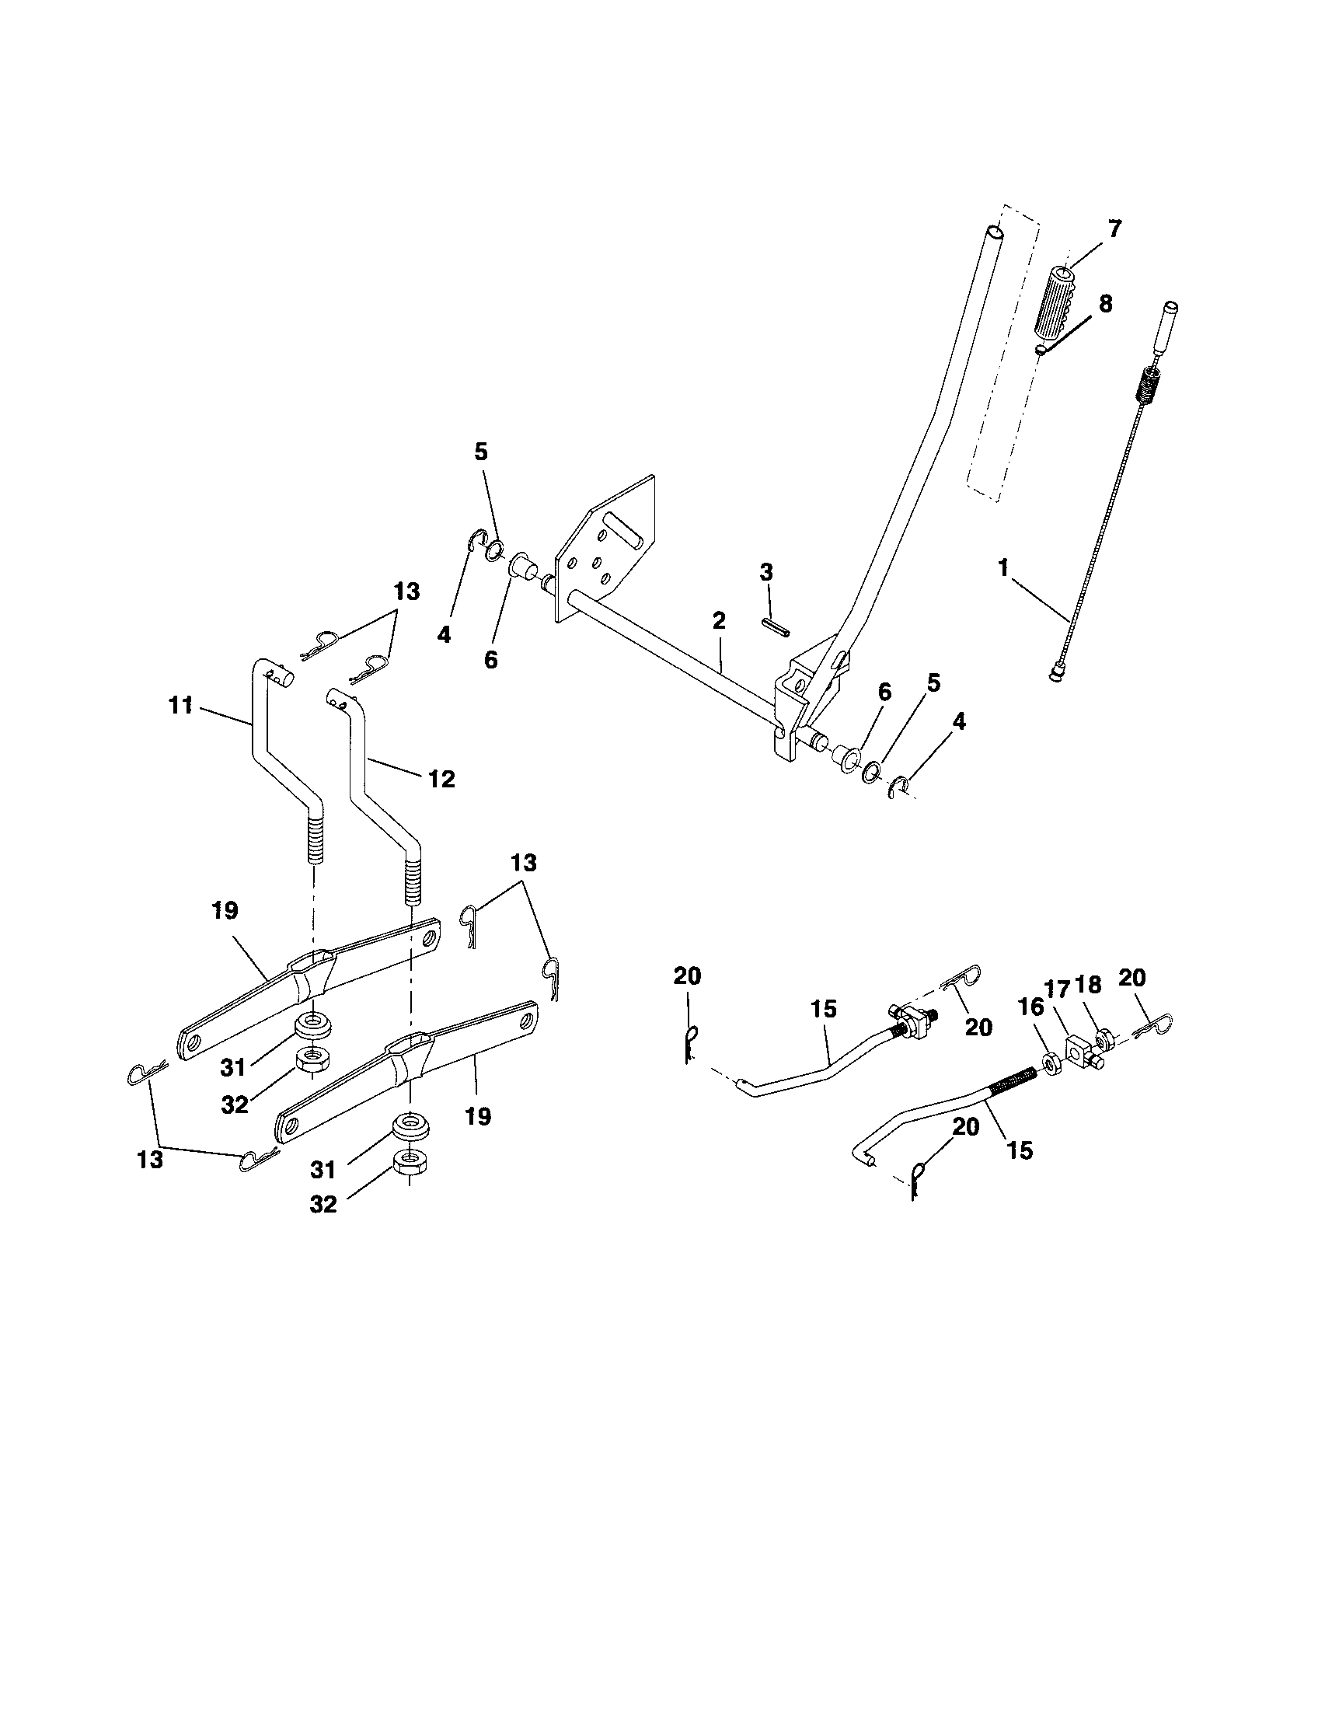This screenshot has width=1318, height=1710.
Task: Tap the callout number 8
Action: (1105, 304)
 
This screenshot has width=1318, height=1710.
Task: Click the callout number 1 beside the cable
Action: (1002, 567)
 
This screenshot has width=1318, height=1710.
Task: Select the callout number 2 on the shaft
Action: (719, 621)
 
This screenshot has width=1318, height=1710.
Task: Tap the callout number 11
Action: (180, 706)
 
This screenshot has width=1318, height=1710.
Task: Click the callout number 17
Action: (1057, 990)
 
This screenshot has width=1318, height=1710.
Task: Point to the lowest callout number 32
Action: (323, 1204)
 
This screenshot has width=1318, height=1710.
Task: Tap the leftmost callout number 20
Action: (687, 976)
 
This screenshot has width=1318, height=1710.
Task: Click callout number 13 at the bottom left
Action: (149, 1159)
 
